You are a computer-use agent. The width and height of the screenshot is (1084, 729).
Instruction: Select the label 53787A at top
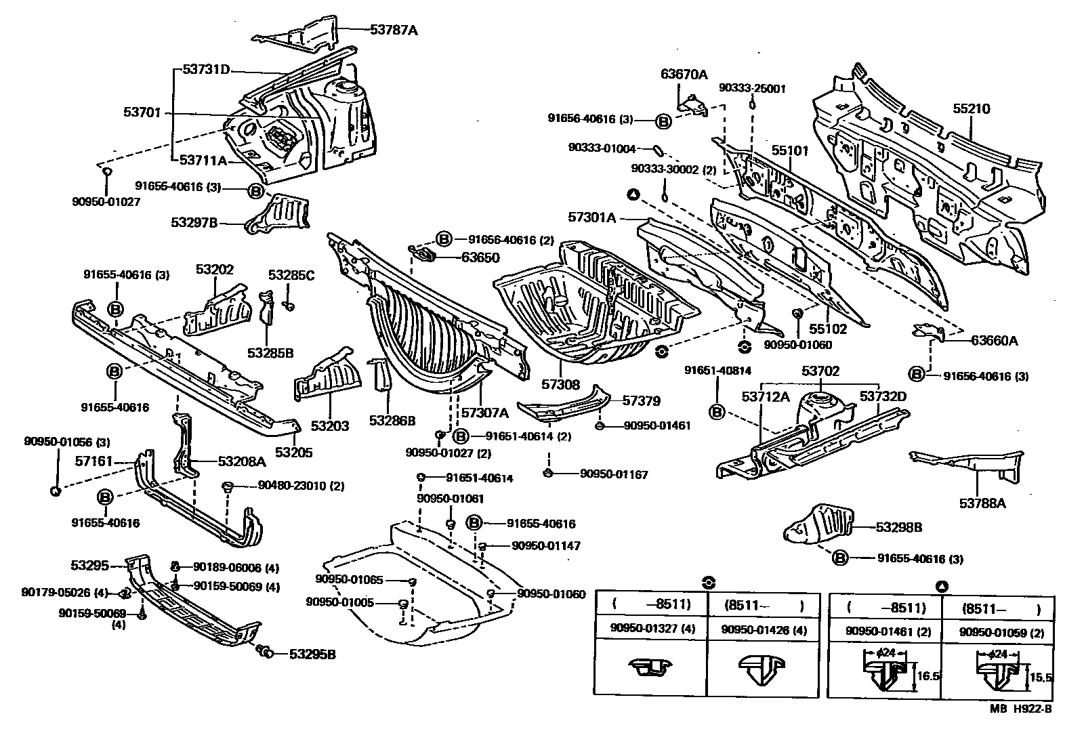[394, 29]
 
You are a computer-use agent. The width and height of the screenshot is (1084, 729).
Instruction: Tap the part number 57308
[560, 384]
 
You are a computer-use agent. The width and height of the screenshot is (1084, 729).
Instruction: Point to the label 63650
[480, 257]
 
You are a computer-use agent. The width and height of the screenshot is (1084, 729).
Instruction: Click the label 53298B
[898, 527]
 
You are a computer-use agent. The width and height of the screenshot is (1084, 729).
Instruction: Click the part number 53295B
[312, 654]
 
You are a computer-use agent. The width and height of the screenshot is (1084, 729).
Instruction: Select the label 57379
[641, 401]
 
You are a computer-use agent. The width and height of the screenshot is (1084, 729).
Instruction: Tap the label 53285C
[291, 275]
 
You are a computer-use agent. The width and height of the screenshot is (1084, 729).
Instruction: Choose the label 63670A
[684, 75]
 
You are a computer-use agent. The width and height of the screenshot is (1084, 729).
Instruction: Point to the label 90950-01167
[614, 474]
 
